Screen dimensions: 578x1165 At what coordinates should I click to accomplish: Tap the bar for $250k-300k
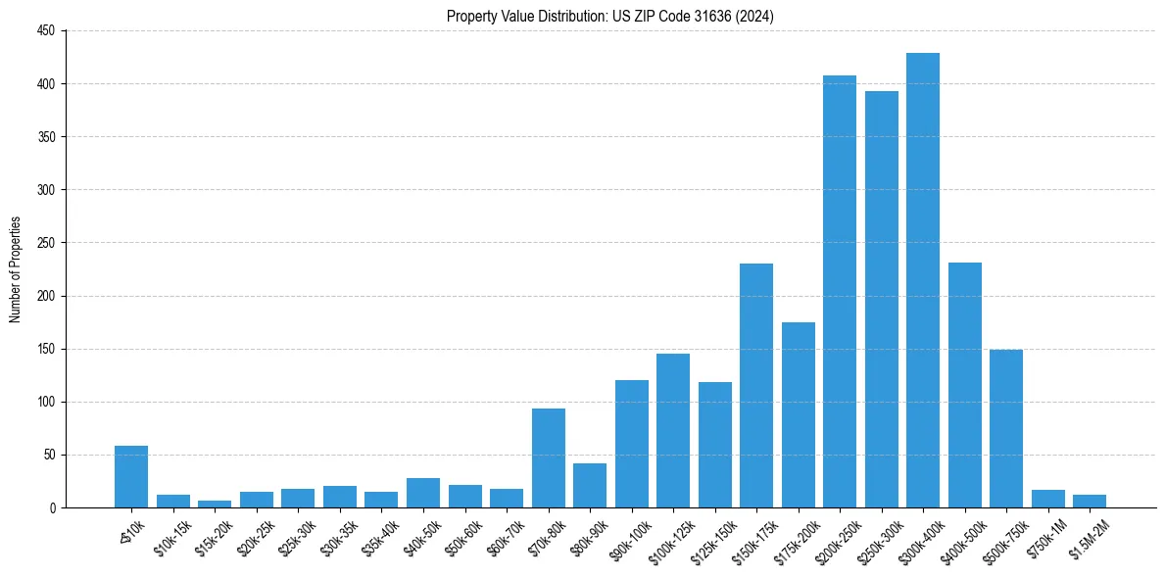pos(881,299)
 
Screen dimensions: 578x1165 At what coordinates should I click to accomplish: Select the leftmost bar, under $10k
pos(131,477)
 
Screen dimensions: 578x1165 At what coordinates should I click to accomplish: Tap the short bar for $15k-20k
pos(215,504)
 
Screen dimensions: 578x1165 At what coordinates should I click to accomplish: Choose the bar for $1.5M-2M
pos(1089,501)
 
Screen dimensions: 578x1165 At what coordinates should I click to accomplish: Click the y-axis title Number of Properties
pos(15,269)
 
